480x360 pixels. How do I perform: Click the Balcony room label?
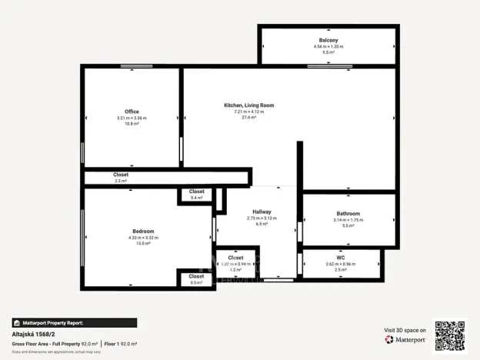point(328,40)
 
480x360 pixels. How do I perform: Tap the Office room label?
point(132,112)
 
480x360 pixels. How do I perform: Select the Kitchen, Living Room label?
point(248,105)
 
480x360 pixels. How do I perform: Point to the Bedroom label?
point(143,231)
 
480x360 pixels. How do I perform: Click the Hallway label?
point(262,212)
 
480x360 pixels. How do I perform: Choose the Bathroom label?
point(348,213)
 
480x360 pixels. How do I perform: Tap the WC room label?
point(342,257)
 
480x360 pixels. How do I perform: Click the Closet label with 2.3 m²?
point(121,175)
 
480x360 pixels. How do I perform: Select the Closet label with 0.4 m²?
point(197,192)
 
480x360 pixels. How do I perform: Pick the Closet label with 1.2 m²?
point(235,258)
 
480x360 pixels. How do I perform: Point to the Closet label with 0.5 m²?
point(197,276)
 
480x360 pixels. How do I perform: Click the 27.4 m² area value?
point(248,118)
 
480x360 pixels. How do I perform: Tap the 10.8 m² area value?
point(132,124)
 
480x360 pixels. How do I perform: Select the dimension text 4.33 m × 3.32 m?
point(143,238)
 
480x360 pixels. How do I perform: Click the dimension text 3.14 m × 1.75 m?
point(348,220)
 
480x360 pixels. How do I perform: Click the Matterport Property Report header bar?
point(74,323)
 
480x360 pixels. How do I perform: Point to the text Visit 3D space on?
point(405,329)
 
